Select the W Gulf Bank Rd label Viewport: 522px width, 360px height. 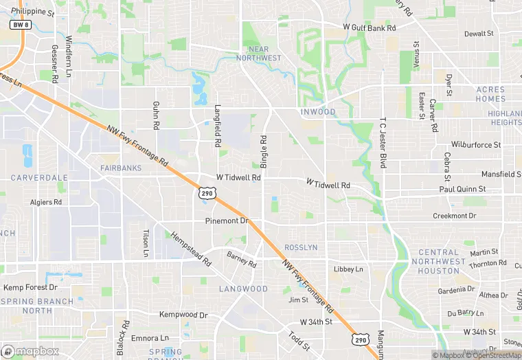pyautogui.click(x=370, y=28)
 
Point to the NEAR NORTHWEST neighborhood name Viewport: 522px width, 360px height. pyautogui.click(x=258, y=54)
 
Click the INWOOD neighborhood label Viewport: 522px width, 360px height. pyautogui.click(x=318, y=112)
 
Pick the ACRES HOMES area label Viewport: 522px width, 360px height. pyautogui.click(x=490, y=93)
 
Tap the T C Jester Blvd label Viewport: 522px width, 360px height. pyautogui.click(x=383, y=144)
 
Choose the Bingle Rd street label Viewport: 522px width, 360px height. pyautogui.click(x=263, y=150)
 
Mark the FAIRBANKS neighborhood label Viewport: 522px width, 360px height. pyautogui.click(x=121, y=168)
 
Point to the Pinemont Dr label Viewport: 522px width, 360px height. pyautogui.click(x=227, y=221)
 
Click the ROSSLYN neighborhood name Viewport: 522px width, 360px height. pyautogui.click(x=301, y=247)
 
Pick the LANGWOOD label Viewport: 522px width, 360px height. pyautogui.click(x=244, y=289)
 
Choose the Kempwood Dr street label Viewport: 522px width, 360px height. pyautogui.click(x=183, y=315)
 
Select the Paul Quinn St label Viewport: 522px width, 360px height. pyautogui.click(x=462, y=188)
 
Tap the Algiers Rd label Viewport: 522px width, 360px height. pyautogui.click(x=46, y=202)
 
